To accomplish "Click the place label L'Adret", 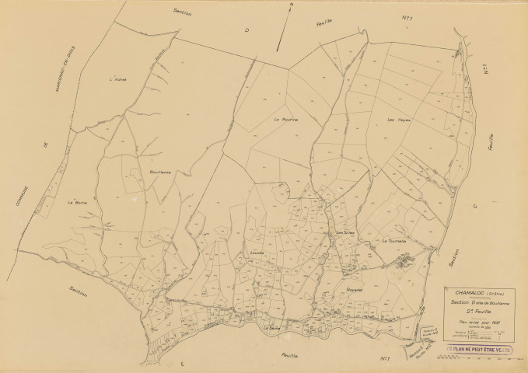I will click(118, 78).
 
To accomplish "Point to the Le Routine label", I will click(285, 120).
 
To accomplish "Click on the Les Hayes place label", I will click(398, 120).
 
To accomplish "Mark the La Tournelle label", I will click(395, 241).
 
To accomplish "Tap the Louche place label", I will click(258, 253).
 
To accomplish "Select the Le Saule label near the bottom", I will click(271, 327).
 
